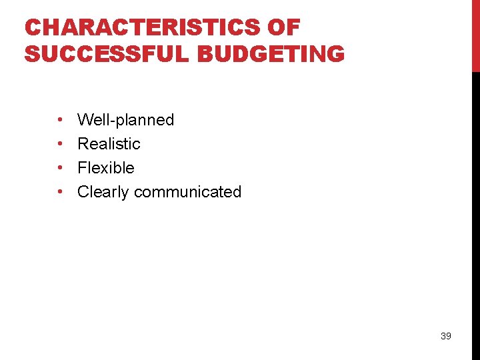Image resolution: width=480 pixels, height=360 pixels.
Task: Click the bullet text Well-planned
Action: (125, 120)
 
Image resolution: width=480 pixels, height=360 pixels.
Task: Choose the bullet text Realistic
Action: (109, 144)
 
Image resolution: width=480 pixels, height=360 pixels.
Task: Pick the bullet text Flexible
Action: (106, 168)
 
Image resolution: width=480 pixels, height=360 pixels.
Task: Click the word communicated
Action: (187, 192)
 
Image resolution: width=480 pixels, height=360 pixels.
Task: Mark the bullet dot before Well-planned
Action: (60, 121)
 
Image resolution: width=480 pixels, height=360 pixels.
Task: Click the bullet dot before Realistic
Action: (60, 145)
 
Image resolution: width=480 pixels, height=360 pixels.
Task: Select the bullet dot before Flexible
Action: (60, 169)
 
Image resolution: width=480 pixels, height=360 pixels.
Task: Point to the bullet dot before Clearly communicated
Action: (60, 193)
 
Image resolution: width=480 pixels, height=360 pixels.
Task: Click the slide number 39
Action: (446, 336)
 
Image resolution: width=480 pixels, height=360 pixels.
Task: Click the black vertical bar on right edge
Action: (475, 213)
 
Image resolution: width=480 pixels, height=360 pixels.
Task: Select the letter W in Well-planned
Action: (85, 120)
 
